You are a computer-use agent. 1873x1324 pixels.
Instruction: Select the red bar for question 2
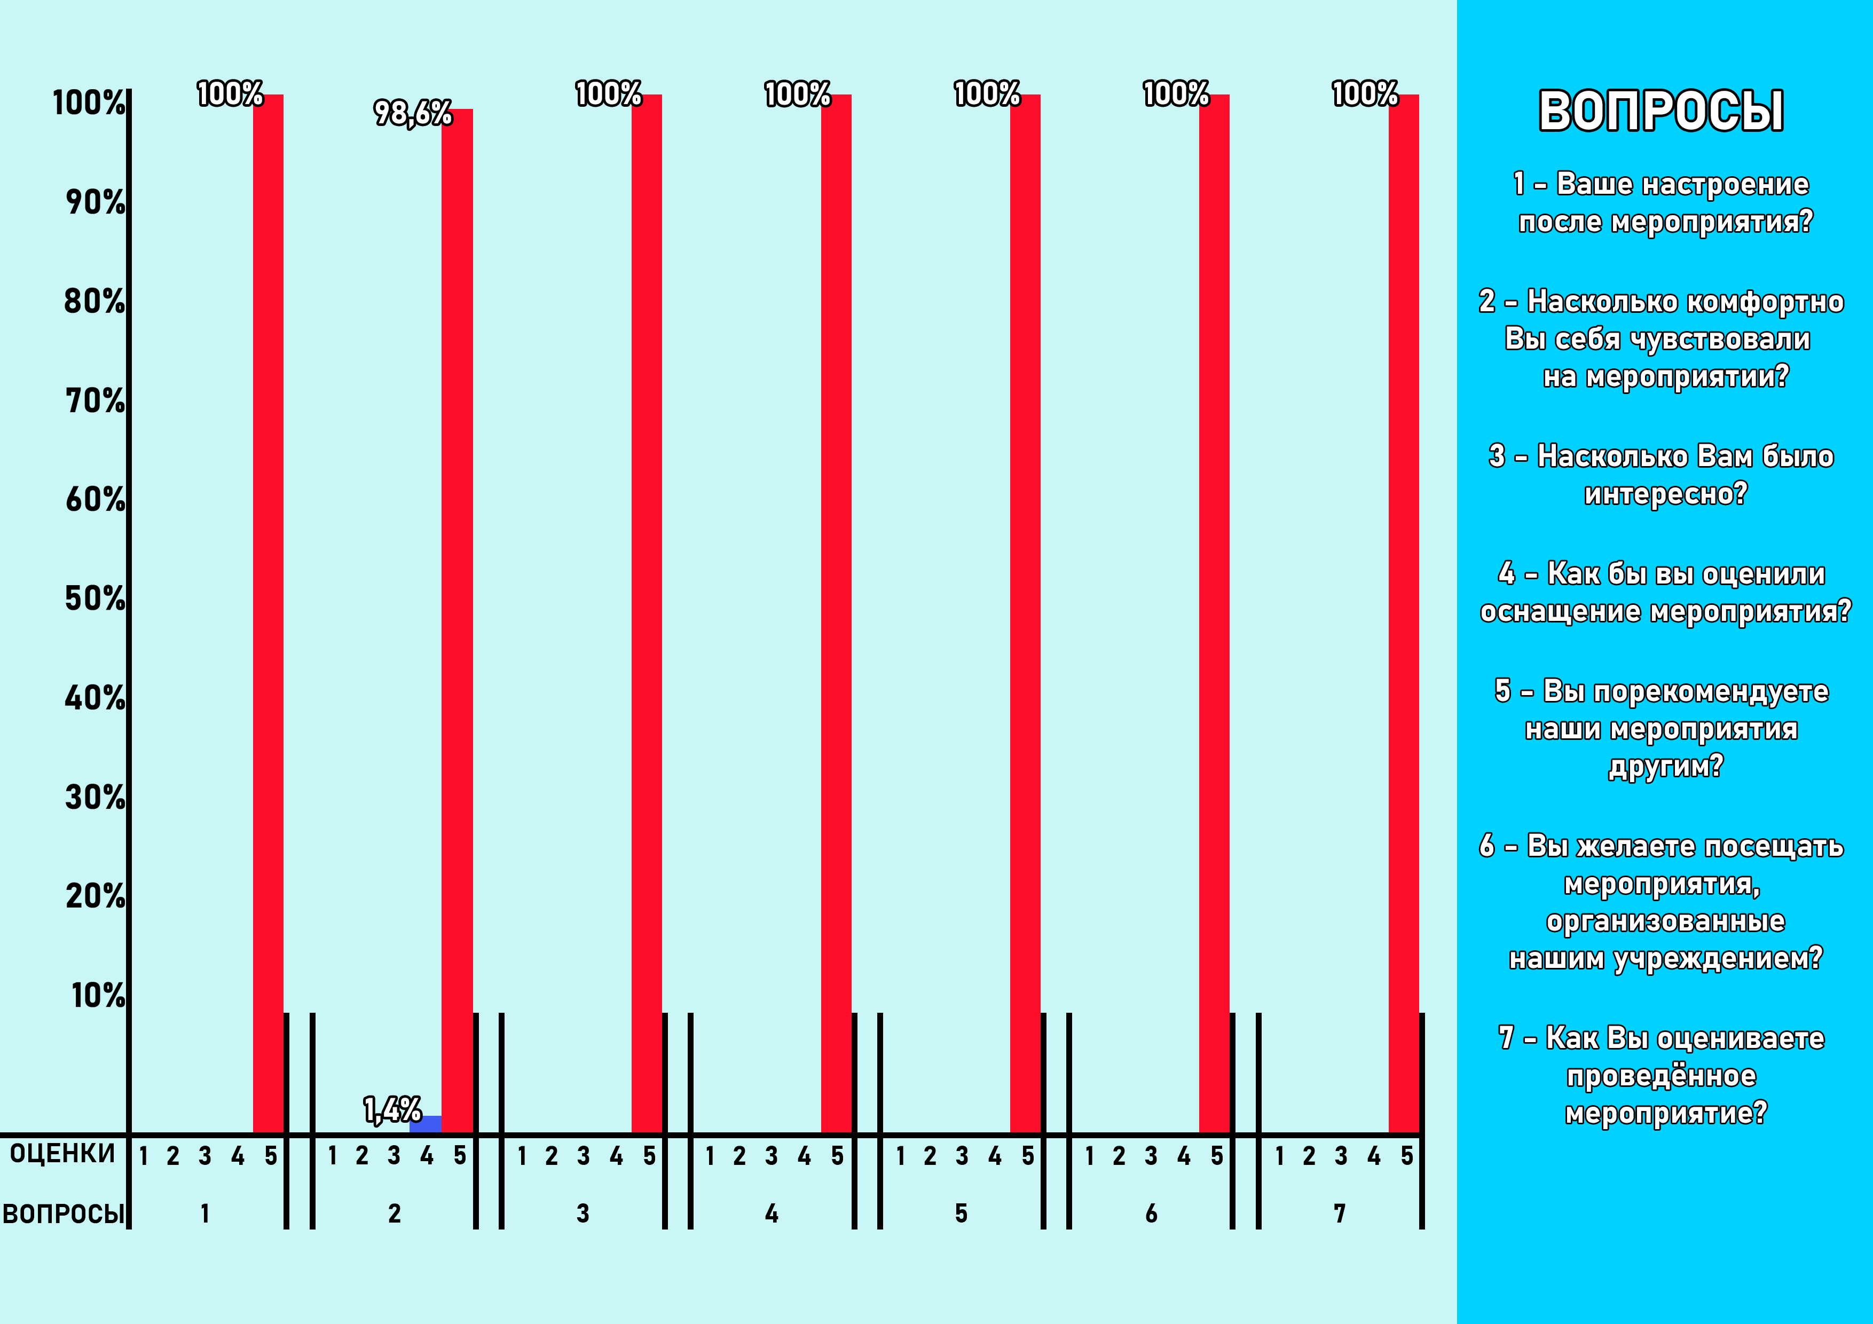pyautogui.click(x=457, y=620)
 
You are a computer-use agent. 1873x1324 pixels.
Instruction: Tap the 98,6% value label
pyautogui.click(x=413, y=113)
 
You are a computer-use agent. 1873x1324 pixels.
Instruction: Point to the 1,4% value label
pyautogui.click(x=392, y=1109)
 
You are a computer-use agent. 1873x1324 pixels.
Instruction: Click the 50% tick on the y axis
pyautogui.click(x=96, y=599)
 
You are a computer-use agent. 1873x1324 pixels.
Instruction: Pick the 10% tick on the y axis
pyautogui.click(x=98, y=995)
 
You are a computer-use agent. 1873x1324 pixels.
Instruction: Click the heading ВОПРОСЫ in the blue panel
pyautogui.click(x=1661, y=111)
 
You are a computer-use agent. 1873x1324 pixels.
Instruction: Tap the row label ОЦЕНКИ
pyautogui.click(x=62, y=1154)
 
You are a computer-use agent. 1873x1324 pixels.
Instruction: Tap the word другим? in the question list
pyautogui.click(x=1665, y=766)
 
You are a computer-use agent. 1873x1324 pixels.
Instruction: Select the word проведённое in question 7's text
pyautogui.click(x=1661, y=1076)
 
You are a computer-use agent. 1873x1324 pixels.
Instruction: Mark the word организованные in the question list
pyautogui.click(x=1665, y=921)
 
